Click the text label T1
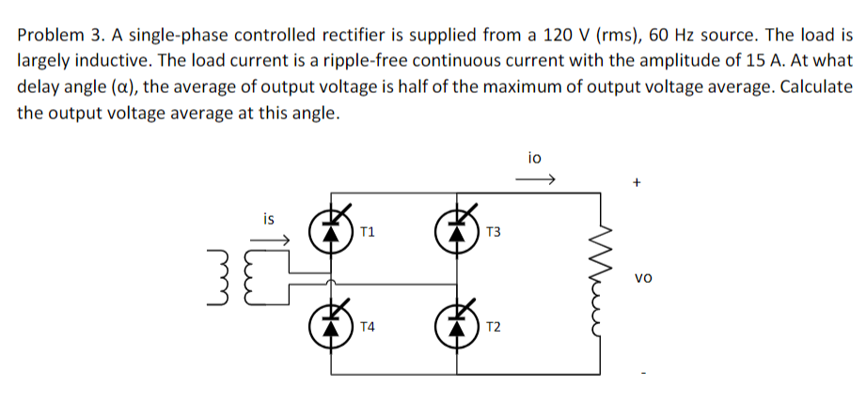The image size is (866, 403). [368, 230]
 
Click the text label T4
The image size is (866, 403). [368, 327]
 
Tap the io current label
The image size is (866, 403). [536, 159]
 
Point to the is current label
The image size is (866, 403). [269, 220]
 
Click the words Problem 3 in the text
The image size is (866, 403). [56, 37]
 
